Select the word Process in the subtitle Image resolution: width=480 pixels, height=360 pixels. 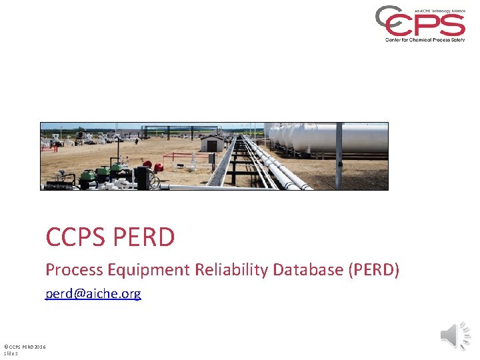coord(72,270)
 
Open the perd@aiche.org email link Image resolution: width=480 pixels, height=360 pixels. coord(93,293)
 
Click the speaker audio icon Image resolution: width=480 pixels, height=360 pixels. coord(455,335)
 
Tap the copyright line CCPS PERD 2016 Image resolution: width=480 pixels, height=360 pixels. coord(25,347)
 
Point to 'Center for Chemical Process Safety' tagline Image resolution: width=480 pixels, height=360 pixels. coord(425,39)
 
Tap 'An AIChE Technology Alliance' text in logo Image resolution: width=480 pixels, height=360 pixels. coord(439,11)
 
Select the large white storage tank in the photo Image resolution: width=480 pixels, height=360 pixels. coord(347,138)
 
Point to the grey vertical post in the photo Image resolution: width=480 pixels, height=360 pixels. coord(339,147)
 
